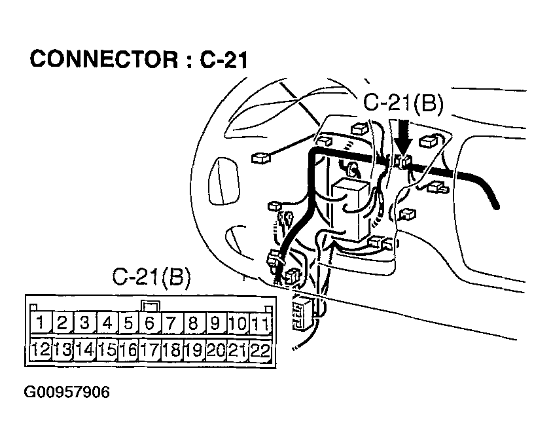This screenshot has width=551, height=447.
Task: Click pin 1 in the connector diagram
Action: (41, 323)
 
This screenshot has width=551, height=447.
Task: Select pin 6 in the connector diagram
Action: (150, 323)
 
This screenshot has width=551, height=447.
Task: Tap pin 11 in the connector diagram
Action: (260, 323)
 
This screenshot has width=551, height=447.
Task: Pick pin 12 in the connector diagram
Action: (41, 350)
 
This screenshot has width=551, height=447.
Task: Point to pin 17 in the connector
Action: (150, 350)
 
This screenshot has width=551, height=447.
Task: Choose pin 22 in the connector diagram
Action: (260, 350)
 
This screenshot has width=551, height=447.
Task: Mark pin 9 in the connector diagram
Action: (215, 323)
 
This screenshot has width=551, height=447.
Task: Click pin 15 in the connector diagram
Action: (107, 350)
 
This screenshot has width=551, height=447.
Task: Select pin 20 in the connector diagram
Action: (215, 350)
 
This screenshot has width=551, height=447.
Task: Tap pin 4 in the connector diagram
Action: (107, 323)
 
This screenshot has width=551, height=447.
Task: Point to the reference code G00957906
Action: (67, 393)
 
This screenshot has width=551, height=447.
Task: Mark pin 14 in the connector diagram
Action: (84, 350)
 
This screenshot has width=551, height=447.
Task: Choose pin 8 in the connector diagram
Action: (193, 323)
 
